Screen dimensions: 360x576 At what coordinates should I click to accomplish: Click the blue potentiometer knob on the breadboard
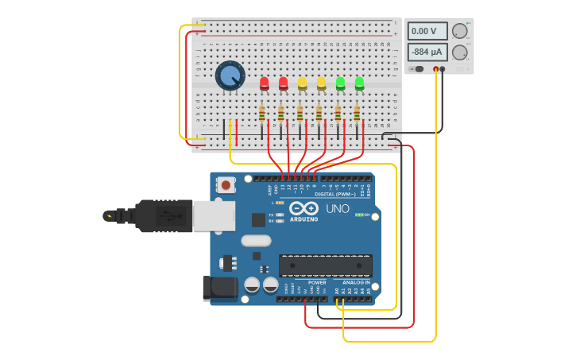pyautogui.click(x=230, y=75)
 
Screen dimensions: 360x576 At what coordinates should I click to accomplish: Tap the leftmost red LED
pyautogui.click(x=265, y=83)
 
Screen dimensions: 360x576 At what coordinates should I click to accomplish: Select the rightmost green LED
pyautogui.click(x=359, y=83)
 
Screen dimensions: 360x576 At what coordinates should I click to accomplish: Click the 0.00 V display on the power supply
pyautogui.click(x=427, y=31)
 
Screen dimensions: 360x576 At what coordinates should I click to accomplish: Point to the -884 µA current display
pyautogui.click(x=427, y=52)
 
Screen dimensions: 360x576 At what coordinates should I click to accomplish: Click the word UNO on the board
pyautogui.click(x=338, y=209)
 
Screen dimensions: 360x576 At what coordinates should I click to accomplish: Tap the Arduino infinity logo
pyautogui.click(x=303, y=208)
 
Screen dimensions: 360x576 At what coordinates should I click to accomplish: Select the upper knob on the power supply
pyautogui.click(x=459, y=31)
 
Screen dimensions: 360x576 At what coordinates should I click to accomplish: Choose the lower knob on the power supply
pyautogui.click(x=459, y=52)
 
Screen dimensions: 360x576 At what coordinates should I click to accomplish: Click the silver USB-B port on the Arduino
pyautogui.click(x=214, y=215)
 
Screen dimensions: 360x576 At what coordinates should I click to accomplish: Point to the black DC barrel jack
pyautogui.click(x=219, y=288)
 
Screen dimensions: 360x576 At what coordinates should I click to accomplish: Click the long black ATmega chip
pyautogui.click(x=325, y=265)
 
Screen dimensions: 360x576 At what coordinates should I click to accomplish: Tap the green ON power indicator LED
pyautogui.click(x=358, y=215)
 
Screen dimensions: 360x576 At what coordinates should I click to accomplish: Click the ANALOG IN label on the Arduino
pyautogui.click(x=355, y=282)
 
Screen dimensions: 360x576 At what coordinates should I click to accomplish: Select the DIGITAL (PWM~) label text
pyautogui.click(x=335, y=193)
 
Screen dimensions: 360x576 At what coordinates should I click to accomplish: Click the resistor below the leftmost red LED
pyautogui.click(x=261, y=114)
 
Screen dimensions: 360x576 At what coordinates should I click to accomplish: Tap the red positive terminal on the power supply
pyautogui.click(x=435, y=69)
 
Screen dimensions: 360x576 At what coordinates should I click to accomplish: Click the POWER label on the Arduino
pyautogui.click(x=317, y=282)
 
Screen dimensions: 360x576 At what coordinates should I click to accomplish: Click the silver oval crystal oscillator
pyautogui.click(x=256, y=241)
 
